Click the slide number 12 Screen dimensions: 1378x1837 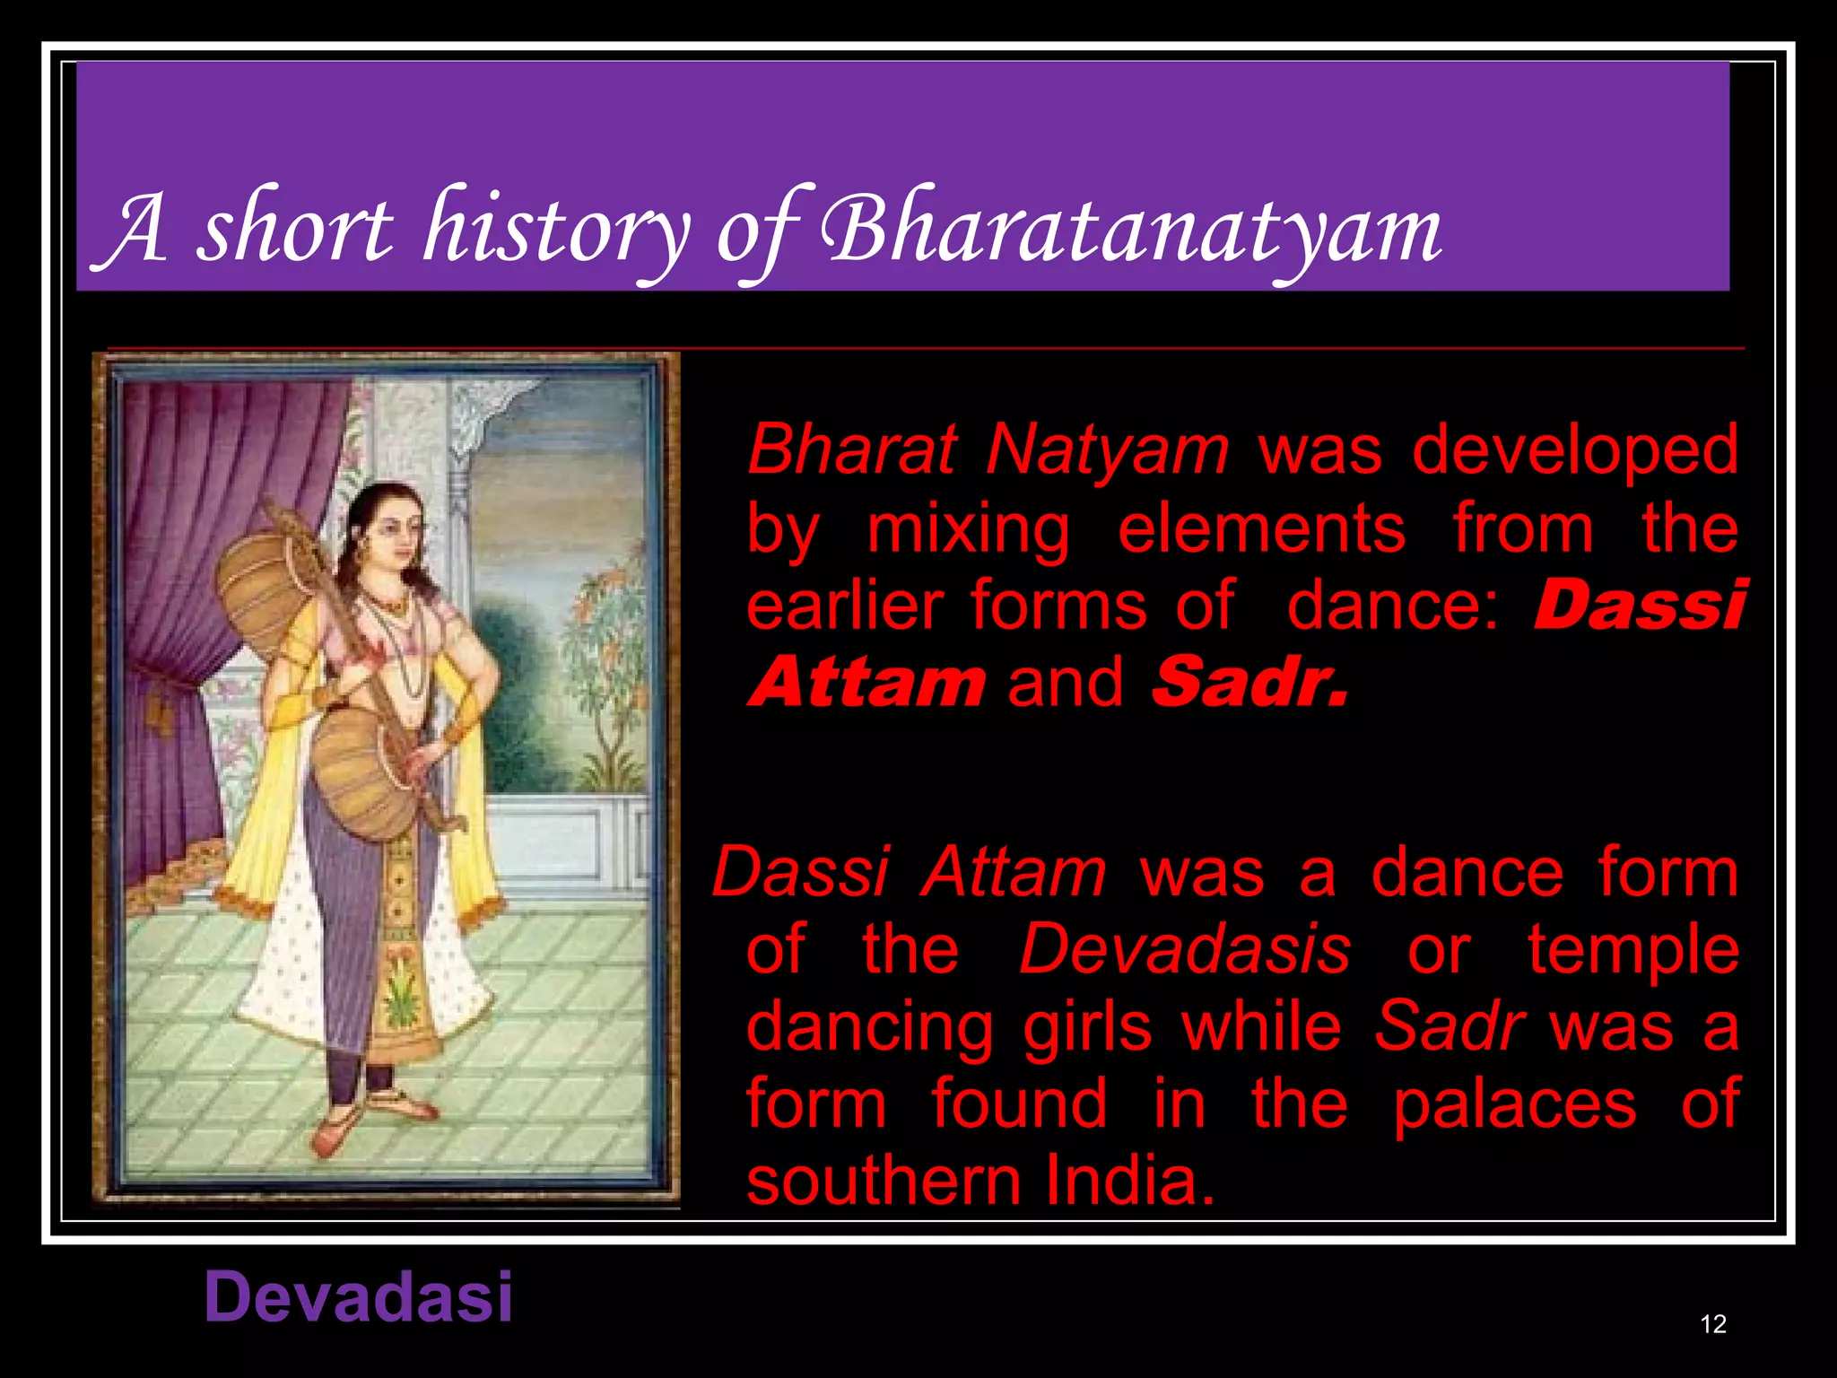pos(1712,1324)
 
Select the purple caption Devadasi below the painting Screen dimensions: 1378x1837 pos(359,1297)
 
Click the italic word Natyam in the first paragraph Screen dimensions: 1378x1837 pos(1107,449)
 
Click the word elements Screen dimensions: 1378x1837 pos(1261,528)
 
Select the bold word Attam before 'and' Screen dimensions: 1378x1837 pos(866,682)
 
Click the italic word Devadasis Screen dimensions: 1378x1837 pos(1184,949)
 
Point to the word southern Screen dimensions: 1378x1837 pos(883,1182)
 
